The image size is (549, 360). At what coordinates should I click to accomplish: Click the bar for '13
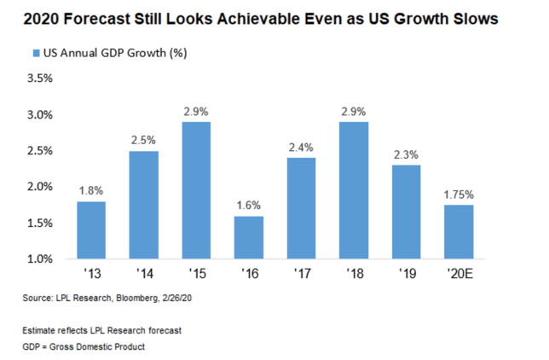(90, 229)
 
